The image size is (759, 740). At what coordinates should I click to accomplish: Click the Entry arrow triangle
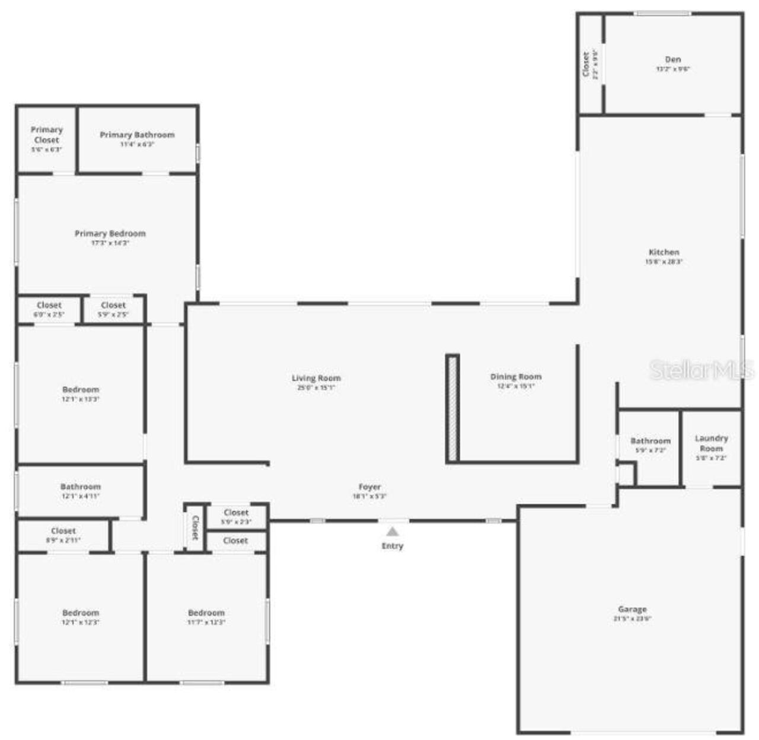[393, 531]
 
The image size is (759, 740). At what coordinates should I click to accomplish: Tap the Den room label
[672, 59]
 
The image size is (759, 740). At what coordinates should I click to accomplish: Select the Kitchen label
[664, 252]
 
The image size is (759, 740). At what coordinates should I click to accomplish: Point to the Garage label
[632, 609]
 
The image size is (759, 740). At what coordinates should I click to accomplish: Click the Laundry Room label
[711, 443]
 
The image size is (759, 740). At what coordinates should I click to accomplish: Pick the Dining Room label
[515, 377]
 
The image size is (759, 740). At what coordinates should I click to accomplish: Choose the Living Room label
[316, 378]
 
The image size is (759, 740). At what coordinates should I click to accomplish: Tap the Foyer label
[369, 487]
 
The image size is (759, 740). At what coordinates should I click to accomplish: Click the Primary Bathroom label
[137, 135]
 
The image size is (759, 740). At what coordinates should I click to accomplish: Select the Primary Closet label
[46, 135]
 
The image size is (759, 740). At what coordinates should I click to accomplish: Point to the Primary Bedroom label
[110, 233]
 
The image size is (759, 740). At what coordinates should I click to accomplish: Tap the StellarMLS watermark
[701, 370]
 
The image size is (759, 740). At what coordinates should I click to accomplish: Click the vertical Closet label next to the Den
[586, 64]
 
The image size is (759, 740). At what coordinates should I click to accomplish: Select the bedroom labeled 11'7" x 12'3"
[206, 613]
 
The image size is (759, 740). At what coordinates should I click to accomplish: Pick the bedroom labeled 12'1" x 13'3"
[81, 390]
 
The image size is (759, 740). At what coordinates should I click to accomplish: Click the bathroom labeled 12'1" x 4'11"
[81, 487]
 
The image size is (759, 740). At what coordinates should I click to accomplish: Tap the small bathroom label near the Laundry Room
[650, 441]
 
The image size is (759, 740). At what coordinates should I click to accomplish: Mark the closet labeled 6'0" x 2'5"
[49, 305]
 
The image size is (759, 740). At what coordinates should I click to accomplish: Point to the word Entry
[393, 546]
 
